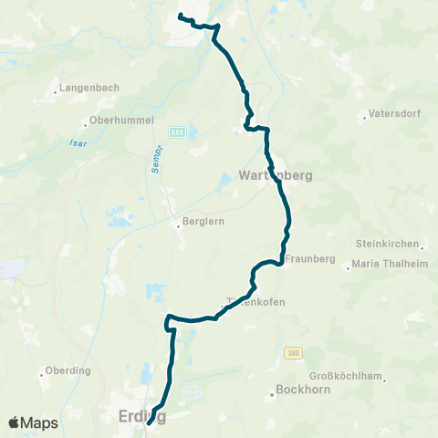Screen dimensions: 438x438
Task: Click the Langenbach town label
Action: [x=84, y=89]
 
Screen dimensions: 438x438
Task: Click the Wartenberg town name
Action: [x=276, y=175]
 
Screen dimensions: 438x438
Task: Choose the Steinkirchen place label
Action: [x=388, y=245]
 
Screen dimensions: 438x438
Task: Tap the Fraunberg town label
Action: [x=310, y=259]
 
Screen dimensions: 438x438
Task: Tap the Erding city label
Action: [x=142, y=416]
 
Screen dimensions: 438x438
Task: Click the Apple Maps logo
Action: [x=33, y=422]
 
